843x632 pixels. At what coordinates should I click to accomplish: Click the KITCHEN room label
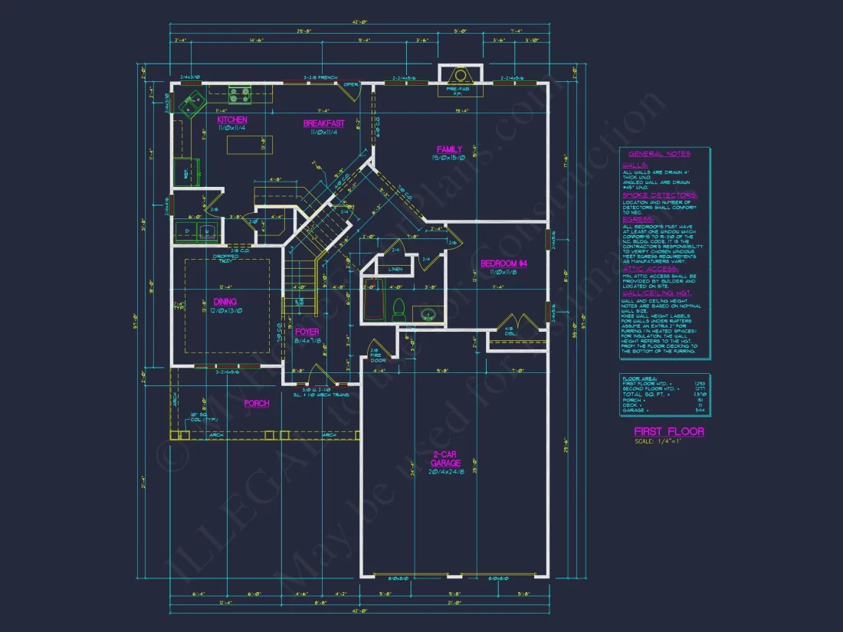231,120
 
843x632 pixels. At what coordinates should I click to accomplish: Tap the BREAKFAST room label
323,123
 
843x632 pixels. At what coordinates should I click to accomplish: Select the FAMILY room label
449,149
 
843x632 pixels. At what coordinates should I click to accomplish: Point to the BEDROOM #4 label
504,264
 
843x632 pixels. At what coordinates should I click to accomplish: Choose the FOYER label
307,332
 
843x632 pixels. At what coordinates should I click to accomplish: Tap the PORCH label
257,403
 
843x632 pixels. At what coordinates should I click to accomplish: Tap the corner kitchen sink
189,102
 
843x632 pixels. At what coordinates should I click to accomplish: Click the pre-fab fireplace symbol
460,76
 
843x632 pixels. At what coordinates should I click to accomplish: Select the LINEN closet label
395,270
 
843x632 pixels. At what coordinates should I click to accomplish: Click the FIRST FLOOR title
668,432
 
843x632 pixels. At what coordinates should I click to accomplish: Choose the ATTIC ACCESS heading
649,269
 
